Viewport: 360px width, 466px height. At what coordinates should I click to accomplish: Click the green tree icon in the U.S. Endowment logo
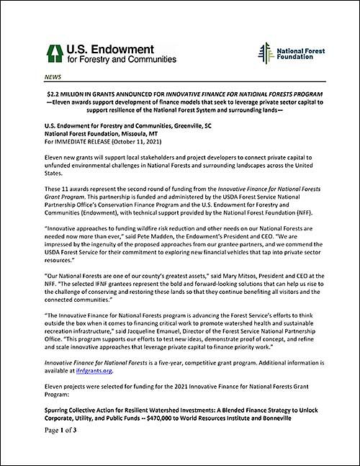[52, 52]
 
